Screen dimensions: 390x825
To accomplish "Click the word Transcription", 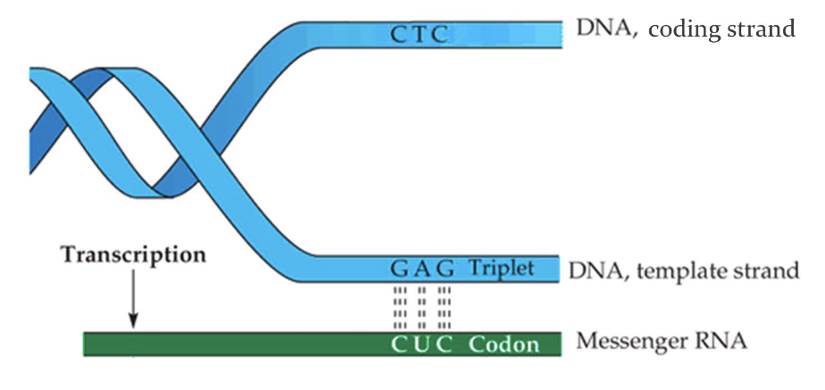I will (133, 254).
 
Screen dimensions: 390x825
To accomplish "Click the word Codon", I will (504, 344).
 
